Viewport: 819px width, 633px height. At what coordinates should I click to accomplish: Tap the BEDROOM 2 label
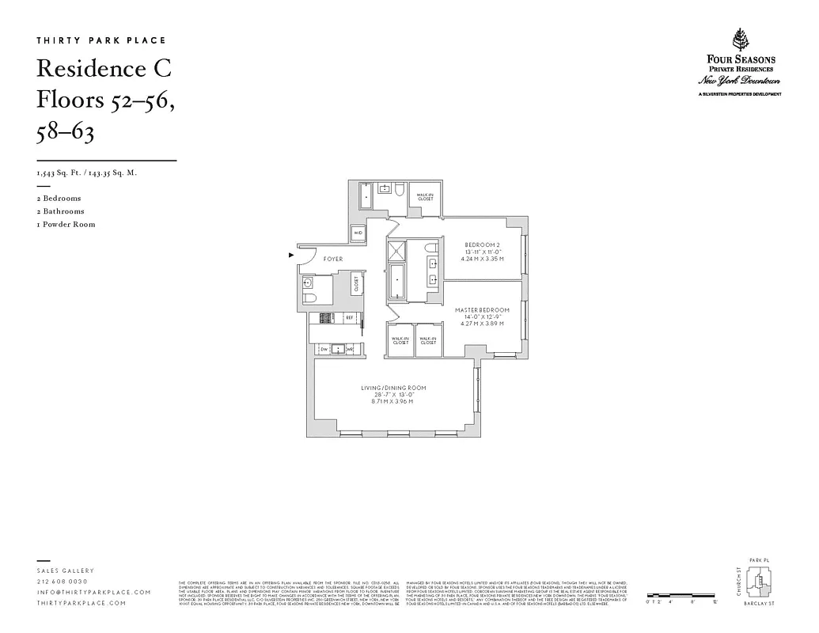pos(483,244)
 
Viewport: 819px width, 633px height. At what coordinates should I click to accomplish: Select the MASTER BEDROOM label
pos(482,309)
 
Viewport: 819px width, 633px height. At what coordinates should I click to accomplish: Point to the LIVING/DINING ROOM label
pos(394,388)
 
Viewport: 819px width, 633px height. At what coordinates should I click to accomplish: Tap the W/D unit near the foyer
pos(358,233)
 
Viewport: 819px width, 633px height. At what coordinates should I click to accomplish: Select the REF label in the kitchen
pos(349,317)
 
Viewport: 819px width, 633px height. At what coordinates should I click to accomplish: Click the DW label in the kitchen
pos(324,349)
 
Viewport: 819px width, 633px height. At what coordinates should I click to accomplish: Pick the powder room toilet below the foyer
pos(309,298)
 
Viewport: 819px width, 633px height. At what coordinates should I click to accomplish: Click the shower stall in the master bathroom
pos(396,252)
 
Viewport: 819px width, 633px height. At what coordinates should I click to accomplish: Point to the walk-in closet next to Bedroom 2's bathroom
pos(425,198)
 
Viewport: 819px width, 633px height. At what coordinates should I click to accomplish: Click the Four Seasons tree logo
pos(741,41)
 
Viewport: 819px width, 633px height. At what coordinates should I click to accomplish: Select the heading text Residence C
pos(104,69)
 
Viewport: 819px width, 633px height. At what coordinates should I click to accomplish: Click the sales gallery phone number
pos(63,582)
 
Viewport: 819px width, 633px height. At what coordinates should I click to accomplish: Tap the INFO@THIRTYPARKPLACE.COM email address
pos(93,593)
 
